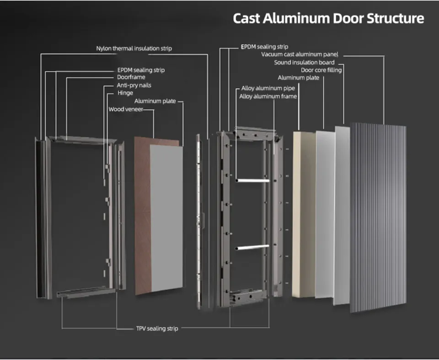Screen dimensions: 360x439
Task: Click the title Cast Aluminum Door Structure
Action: tap(328, 19)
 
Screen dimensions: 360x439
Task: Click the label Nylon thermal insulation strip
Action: tap(134, 48)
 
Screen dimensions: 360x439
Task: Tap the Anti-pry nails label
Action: tap(134, 85)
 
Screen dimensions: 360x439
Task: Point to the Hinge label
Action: tap(125, 93)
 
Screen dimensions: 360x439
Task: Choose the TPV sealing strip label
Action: tap(157, 328)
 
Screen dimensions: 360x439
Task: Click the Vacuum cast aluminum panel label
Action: tap(300, 54)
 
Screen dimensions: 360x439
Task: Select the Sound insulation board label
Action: tap(304, 62)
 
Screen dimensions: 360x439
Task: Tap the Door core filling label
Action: tap(321, 70)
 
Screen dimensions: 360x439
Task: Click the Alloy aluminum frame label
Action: tap(268, 96)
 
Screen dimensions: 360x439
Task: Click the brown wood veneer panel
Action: tap(143, 215)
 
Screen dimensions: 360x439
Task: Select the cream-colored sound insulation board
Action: tap(302, 215)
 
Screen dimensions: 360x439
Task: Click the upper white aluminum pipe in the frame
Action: tap(252, 180)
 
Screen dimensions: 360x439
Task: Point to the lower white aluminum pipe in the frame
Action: tap(252, 248)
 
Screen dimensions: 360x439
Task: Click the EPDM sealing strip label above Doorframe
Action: tap(141, 70)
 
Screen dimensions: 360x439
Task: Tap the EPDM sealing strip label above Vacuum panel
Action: tap(264, 47)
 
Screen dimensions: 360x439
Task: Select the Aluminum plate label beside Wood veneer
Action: tap(155, 101)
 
